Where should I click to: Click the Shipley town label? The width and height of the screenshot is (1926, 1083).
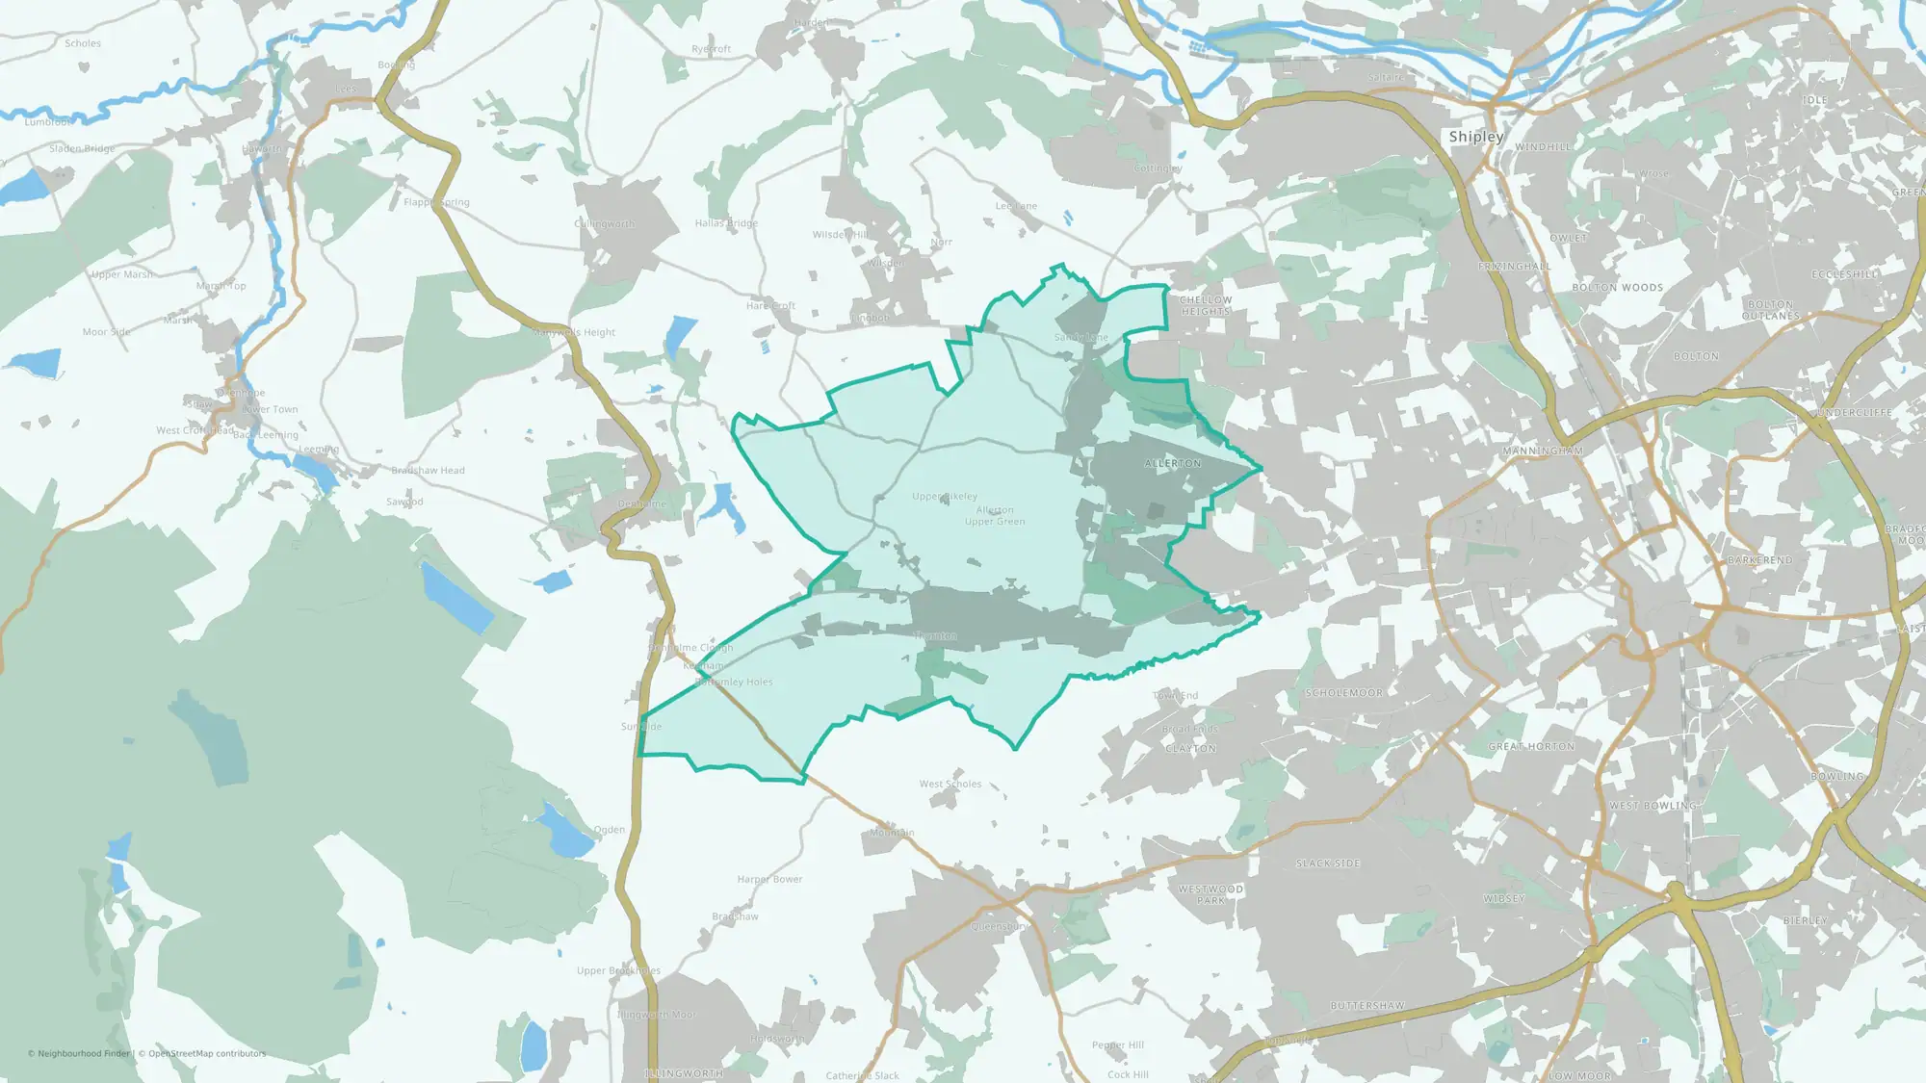[x=1475, y=137]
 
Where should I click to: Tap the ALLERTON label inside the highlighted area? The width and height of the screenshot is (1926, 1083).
[x=1173, y=464]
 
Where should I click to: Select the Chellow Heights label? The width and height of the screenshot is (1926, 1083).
[x=1206, y=305]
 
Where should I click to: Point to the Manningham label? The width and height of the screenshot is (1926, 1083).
[x=1543, y=451]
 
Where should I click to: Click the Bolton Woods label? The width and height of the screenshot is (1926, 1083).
[x=1618, y=288]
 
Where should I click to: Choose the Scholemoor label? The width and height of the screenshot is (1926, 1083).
[x=1344, y=693]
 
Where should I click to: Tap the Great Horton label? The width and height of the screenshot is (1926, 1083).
[x=1531, y=746]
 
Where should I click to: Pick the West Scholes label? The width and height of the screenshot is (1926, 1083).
[x=950, y=785]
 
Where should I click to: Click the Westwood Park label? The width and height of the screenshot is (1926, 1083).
[x=1210, y=894]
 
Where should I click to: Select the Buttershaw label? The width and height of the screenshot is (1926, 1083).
[x=1367, y=1006]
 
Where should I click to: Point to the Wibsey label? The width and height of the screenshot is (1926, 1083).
[x=1504, y=899]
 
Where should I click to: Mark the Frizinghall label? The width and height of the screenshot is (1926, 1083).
[x=1515, y=267]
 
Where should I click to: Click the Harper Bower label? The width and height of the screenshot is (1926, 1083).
[x=769, y=879]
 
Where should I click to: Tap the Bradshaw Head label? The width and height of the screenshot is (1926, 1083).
[x=428, y=471]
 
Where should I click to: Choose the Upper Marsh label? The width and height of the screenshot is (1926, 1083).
[x=121, y=274]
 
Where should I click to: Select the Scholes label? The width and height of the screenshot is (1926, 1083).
[x=83, y=43]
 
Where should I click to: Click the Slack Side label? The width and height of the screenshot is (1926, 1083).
[x=1328, y=864]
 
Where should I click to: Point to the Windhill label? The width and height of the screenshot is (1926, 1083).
[x=1543, y=147]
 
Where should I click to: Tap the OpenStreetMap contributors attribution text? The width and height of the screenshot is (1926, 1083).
[x=207, y=1053]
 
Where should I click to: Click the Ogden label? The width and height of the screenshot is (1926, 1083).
[x=610, y=830]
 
